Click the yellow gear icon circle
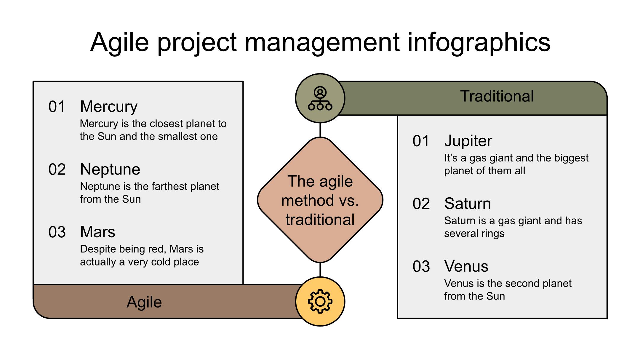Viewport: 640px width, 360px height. tap(320, 301)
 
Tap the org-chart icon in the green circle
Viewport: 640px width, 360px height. tap(320, 98)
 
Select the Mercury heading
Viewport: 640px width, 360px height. tap(109, 106)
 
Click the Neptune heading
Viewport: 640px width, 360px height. tap(110, 169)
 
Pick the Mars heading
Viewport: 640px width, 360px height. tap(97, 232)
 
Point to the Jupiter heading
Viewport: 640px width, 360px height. tap(468, 141)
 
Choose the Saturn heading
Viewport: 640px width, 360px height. tap(467, 204)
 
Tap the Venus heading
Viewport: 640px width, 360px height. tap(466, 266)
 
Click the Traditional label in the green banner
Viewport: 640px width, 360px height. tap(497, 96)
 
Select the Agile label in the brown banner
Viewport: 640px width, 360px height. tap(144, 302)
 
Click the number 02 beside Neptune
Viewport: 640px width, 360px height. tap(57, 170)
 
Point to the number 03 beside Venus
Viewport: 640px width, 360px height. tap(421, 267)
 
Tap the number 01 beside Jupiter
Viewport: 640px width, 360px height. tap(421, 141)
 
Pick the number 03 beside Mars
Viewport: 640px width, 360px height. tap(57, 232)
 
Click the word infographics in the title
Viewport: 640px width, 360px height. tap(479, 42)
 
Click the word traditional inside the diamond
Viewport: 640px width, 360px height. tap(320, 220)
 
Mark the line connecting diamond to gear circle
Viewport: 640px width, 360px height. tap(320, 270)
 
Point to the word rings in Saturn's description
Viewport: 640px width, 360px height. tap(493, 233)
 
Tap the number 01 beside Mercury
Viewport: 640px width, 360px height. tap(57, 107)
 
